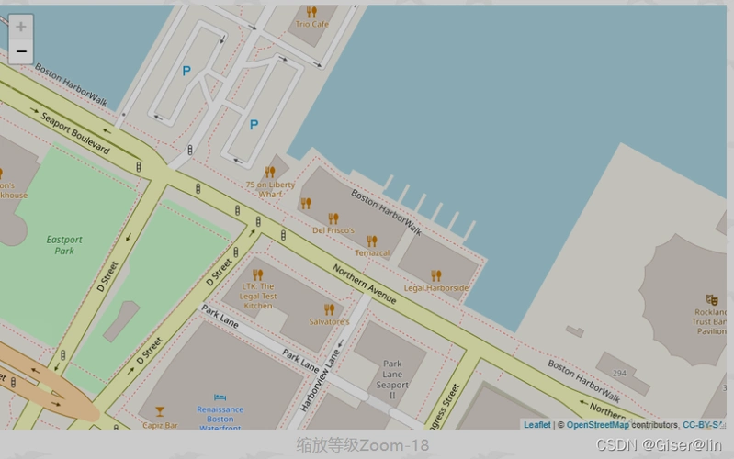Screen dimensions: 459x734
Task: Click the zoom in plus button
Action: (x=21, y=28)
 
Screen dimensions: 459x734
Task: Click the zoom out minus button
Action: (x=21, y=51)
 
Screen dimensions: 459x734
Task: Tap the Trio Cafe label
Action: (x=311, y=24)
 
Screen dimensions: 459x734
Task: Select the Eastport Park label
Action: (x=64, y=244)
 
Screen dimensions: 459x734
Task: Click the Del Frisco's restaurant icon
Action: (x=333, y=218)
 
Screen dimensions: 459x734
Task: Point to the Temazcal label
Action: (x=372, y=252)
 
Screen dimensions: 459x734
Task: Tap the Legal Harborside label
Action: (x=436, y=287)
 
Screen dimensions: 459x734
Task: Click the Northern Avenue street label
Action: (x=365, y=285)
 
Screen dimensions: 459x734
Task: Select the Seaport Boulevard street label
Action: (x=75, y=135)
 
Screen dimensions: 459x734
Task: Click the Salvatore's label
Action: (x=329, y=322)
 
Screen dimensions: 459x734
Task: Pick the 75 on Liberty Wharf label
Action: (x=270, y=189)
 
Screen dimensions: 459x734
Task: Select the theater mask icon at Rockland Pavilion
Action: (x=711, y=299)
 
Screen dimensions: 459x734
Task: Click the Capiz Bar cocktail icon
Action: (x=160, y=411)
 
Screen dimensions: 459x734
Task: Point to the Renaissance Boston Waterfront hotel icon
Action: (x=220, y=397)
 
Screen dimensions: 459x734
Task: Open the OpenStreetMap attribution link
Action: (x=597, y=425)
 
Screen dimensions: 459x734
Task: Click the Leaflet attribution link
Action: (x=536, y=425)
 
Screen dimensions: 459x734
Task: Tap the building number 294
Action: (x=620, y=374)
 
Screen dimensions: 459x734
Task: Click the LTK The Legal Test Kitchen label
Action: (x=258, y=296)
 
